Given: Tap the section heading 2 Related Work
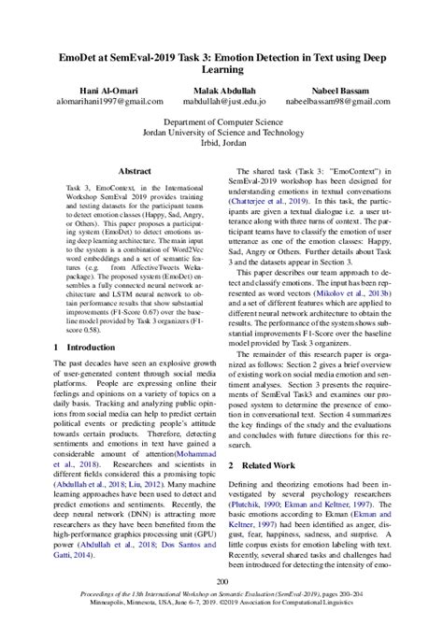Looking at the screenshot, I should (x=270, y=463).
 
